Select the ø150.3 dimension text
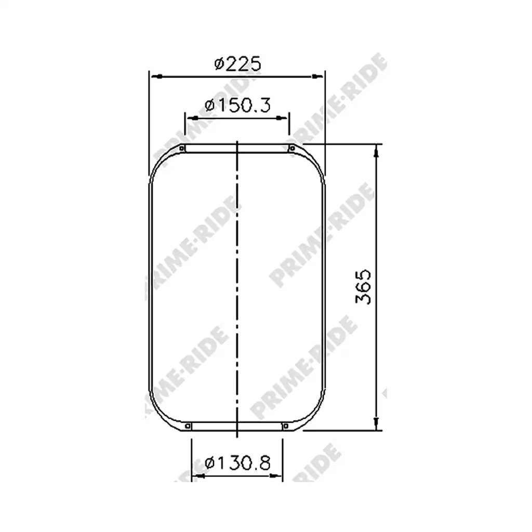coord(237,105)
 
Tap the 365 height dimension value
coord(363,287)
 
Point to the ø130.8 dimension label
coord(237,462)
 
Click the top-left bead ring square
coord(182,148)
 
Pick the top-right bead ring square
coord(292,148)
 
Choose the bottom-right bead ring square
coord(286,426)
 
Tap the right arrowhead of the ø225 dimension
coord(317,76)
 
